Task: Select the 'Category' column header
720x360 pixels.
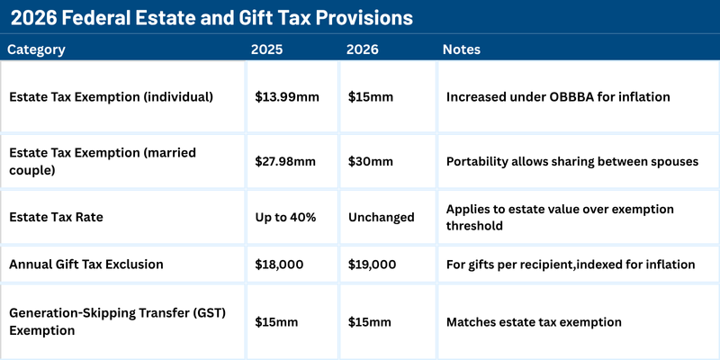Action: coord(36,49)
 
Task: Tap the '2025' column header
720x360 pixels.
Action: coord(267,49)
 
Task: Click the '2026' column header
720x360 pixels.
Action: coord(363,49)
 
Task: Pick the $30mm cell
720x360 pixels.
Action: coord(371,161)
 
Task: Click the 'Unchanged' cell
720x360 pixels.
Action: coord(382,217)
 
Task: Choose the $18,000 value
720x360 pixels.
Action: coord(279,264)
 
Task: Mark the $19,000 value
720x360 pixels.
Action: coord(373,264)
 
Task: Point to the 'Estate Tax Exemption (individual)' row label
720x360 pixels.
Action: coord(111,96)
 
